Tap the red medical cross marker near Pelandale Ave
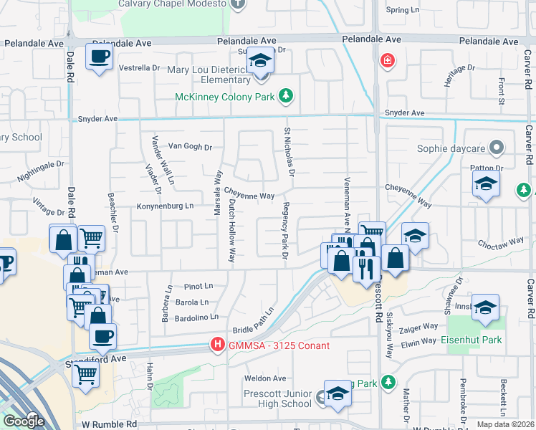click(x=388, y=60)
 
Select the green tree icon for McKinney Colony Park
click(x=286, y=96)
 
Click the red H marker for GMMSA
click(x=217, y=345)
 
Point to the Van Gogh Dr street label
click(x=190, y=147)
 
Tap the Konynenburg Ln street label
click(x=166, y=206)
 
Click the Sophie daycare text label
click(x=451, y=150)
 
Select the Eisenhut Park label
click(x=471, y=340)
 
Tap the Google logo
click(x=24, y=421)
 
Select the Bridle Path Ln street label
click(x=254, y=321)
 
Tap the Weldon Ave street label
click(x=265, y=378)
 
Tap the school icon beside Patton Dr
click(x=485, y=185)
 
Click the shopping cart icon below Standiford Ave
click(x=86, y=373)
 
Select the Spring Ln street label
click(x=402, y=10)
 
